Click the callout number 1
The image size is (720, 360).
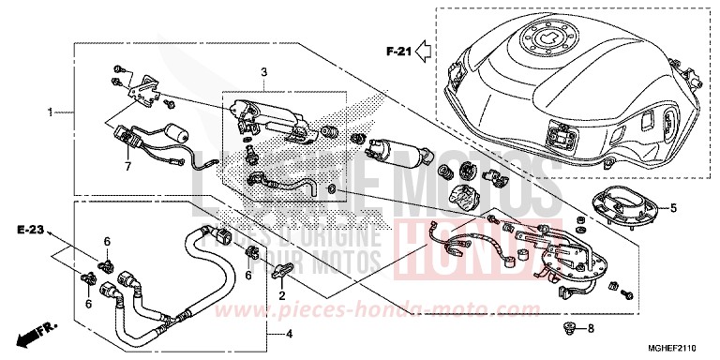point(52,112)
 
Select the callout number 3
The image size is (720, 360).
point(264,72)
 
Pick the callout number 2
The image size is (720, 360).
point(280,296)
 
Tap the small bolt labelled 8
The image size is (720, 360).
point(566,327)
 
